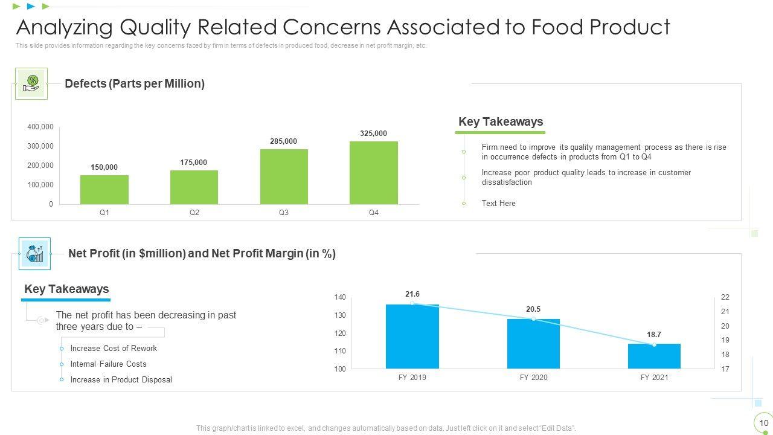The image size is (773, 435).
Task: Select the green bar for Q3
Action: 284,176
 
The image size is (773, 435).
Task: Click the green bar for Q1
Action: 104,190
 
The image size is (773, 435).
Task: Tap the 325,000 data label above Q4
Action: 373,134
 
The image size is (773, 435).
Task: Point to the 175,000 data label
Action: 193,163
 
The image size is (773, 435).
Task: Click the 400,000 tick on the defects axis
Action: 40,127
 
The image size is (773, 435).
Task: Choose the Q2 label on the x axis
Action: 194,213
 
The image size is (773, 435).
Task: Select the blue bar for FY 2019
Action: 412,337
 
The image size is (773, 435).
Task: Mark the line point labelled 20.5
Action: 533,319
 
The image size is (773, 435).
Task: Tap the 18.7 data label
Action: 654,335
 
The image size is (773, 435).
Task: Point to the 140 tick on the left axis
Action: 340,297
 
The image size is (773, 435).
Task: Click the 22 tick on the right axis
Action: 725,297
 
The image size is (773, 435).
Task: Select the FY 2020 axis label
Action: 533,378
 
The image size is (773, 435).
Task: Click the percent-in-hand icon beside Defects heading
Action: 31,83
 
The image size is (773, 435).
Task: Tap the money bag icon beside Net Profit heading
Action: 34,254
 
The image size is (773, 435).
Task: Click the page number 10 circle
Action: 763,423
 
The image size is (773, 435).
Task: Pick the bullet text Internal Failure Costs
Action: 108,364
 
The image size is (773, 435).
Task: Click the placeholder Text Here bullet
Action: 498,204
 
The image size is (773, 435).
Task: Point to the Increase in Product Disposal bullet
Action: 121,380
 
